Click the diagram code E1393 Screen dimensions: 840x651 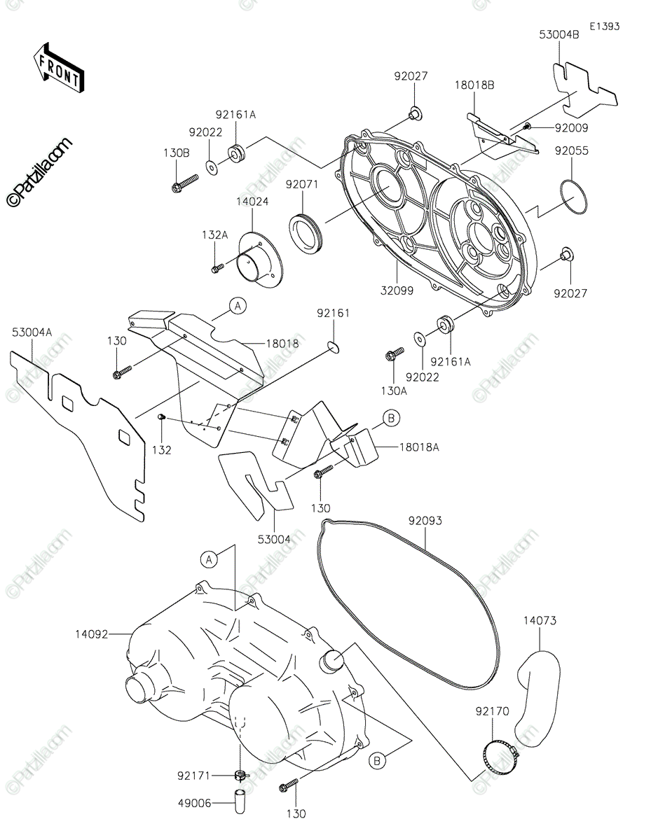(x=604, y=27)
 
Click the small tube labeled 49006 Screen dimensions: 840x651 (x=240, y=803)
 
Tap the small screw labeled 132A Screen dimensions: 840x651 (x=217, y=268)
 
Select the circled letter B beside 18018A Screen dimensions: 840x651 (x=391, y=419)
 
